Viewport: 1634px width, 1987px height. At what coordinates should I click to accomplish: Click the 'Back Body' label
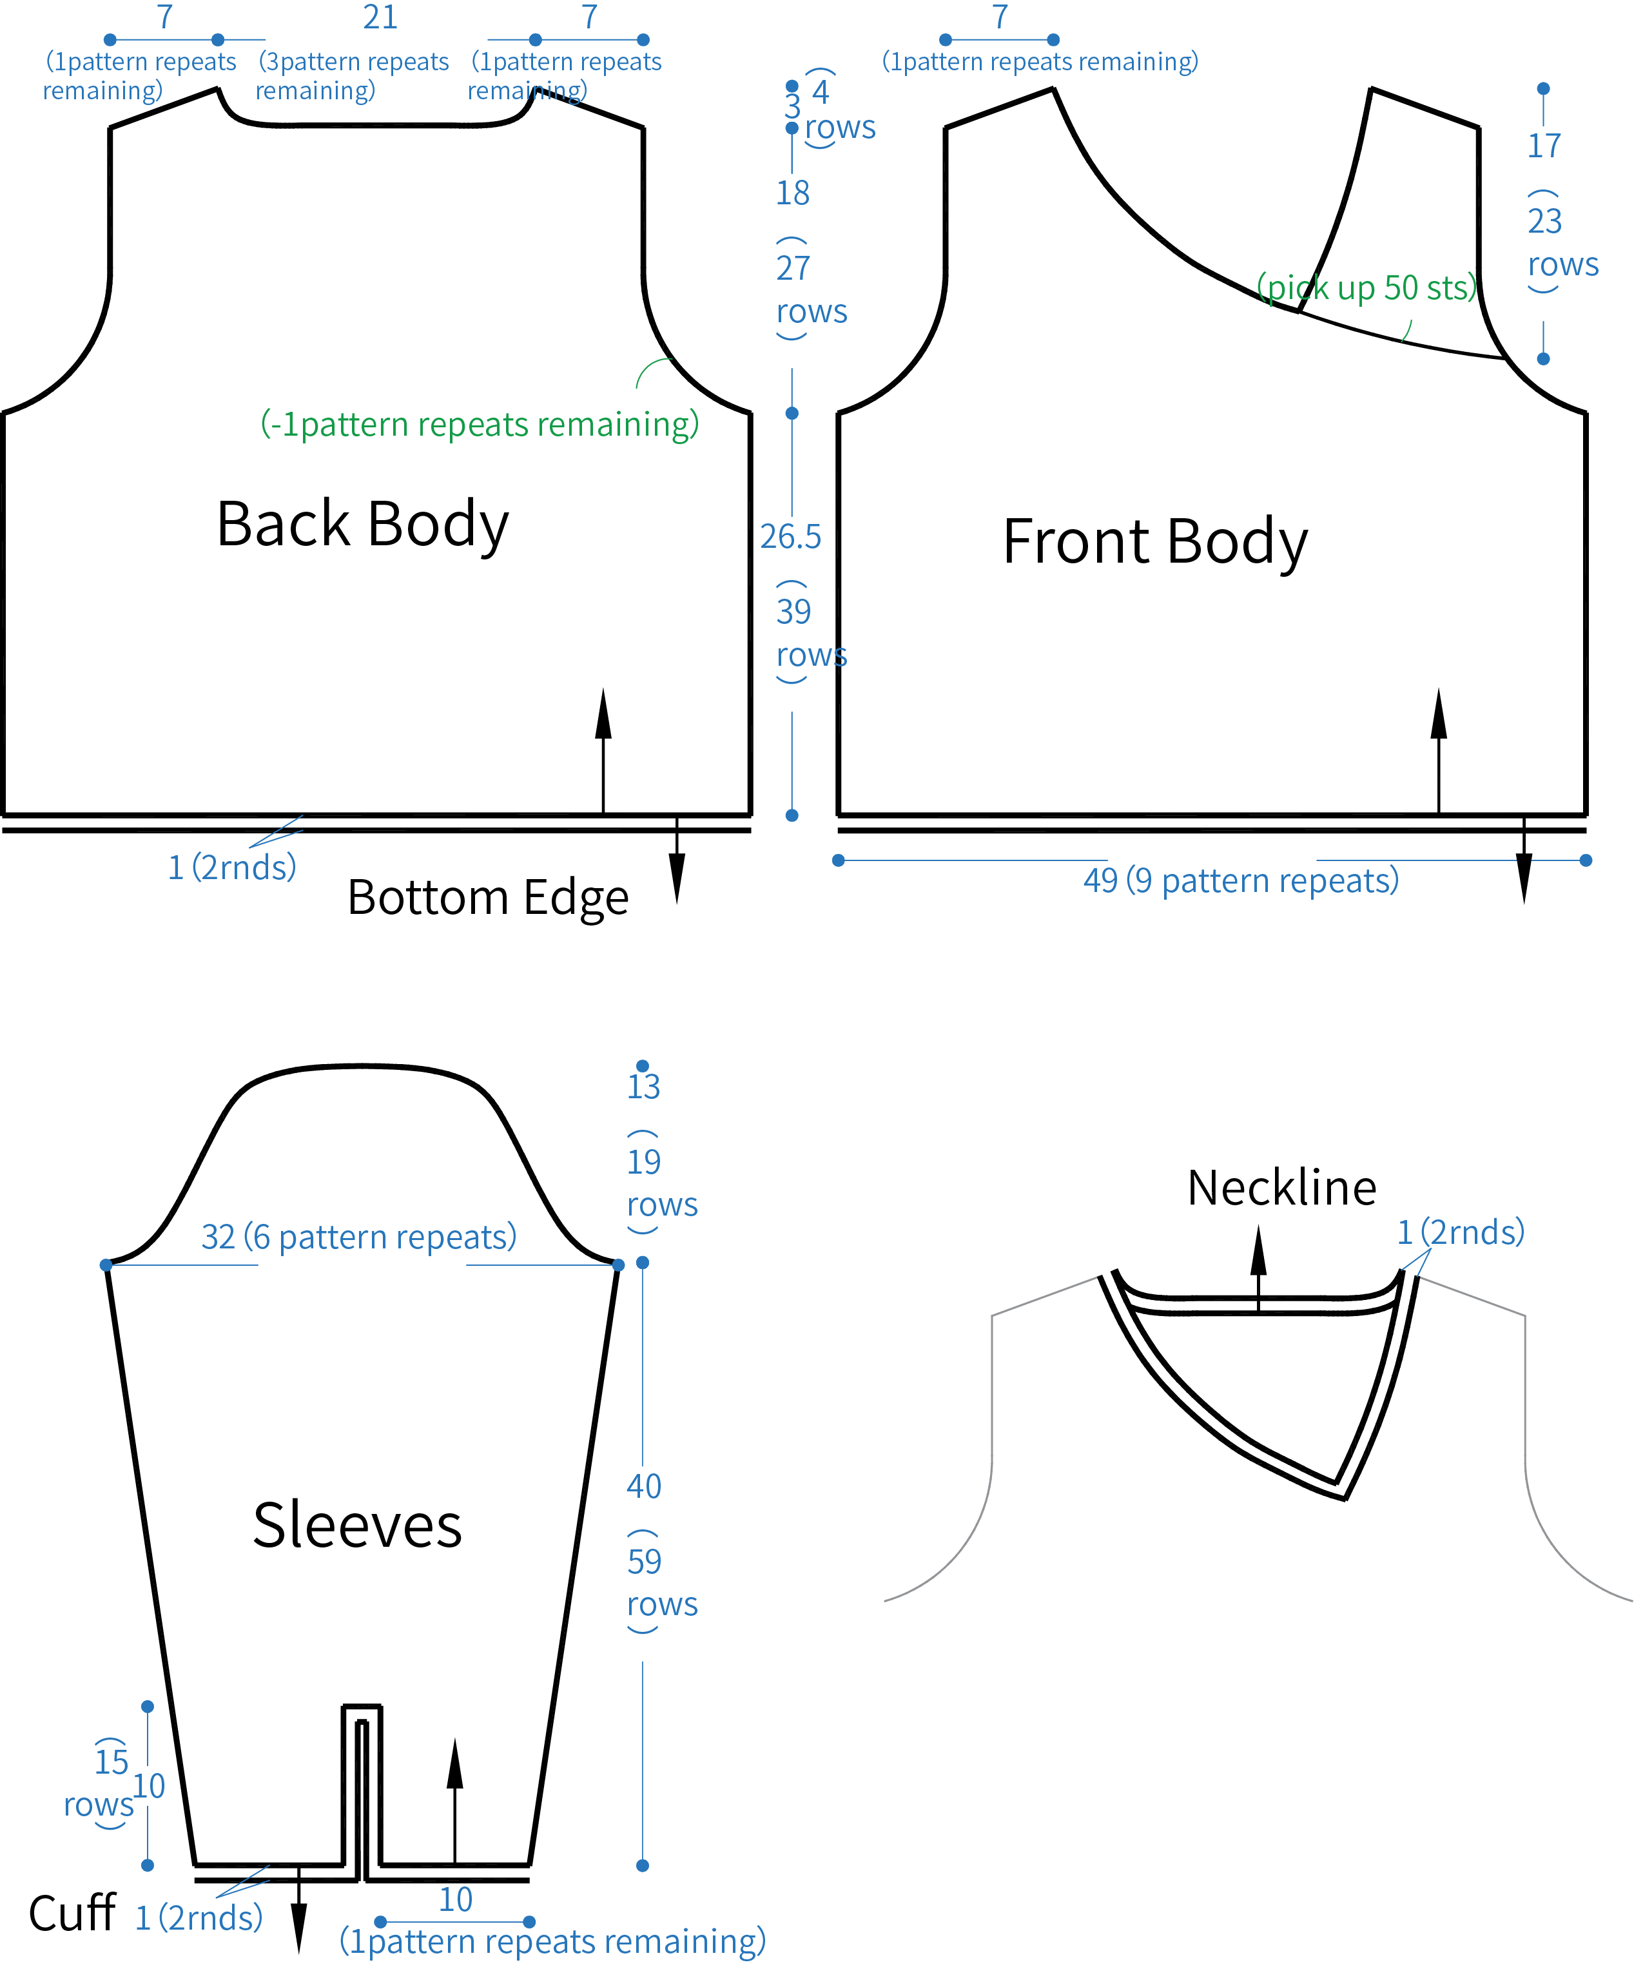click(x=362, y=524)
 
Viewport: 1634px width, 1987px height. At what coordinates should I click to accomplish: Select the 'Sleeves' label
click(x=358, y=1526)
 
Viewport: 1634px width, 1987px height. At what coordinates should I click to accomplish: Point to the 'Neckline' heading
click(x=1282, y=1188)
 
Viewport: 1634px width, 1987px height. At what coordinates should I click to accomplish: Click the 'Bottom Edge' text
click(x=487, y=897)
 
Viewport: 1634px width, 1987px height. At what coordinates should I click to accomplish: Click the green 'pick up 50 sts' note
click(x=1367, y=288)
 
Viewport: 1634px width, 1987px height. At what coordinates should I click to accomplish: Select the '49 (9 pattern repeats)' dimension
click(x=1241, y=881)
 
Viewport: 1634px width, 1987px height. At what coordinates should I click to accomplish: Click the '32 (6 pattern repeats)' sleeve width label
click(x=358, y=1237)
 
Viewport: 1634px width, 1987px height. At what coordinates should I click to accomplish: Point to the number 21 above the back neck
click(x=380, y=17)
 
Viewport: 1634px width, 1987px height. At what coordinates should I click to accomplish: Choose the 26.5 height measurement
click(x=791, y=536)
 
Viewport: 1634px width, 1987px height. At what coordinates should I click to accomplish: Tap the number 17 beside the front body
click(x=1544, y=146)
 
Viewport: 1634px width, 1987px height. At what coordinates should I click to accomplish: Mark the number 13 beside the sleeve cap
click(x=644, y=1086)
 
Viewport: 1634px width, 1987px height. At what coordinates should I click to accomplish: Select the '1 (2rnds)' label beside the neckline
click(x=1460, y=1232)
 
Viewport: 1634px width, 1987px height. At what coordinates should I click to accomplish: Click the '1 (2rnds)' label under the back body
click(x=231, y=867)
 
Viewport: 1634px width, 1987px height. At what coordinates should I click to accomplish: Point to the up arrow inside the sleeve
click(x=454, y=1801)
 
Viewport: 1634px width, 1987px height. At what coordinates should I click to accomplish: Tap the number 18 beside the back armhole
click(x=793, y=193)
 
